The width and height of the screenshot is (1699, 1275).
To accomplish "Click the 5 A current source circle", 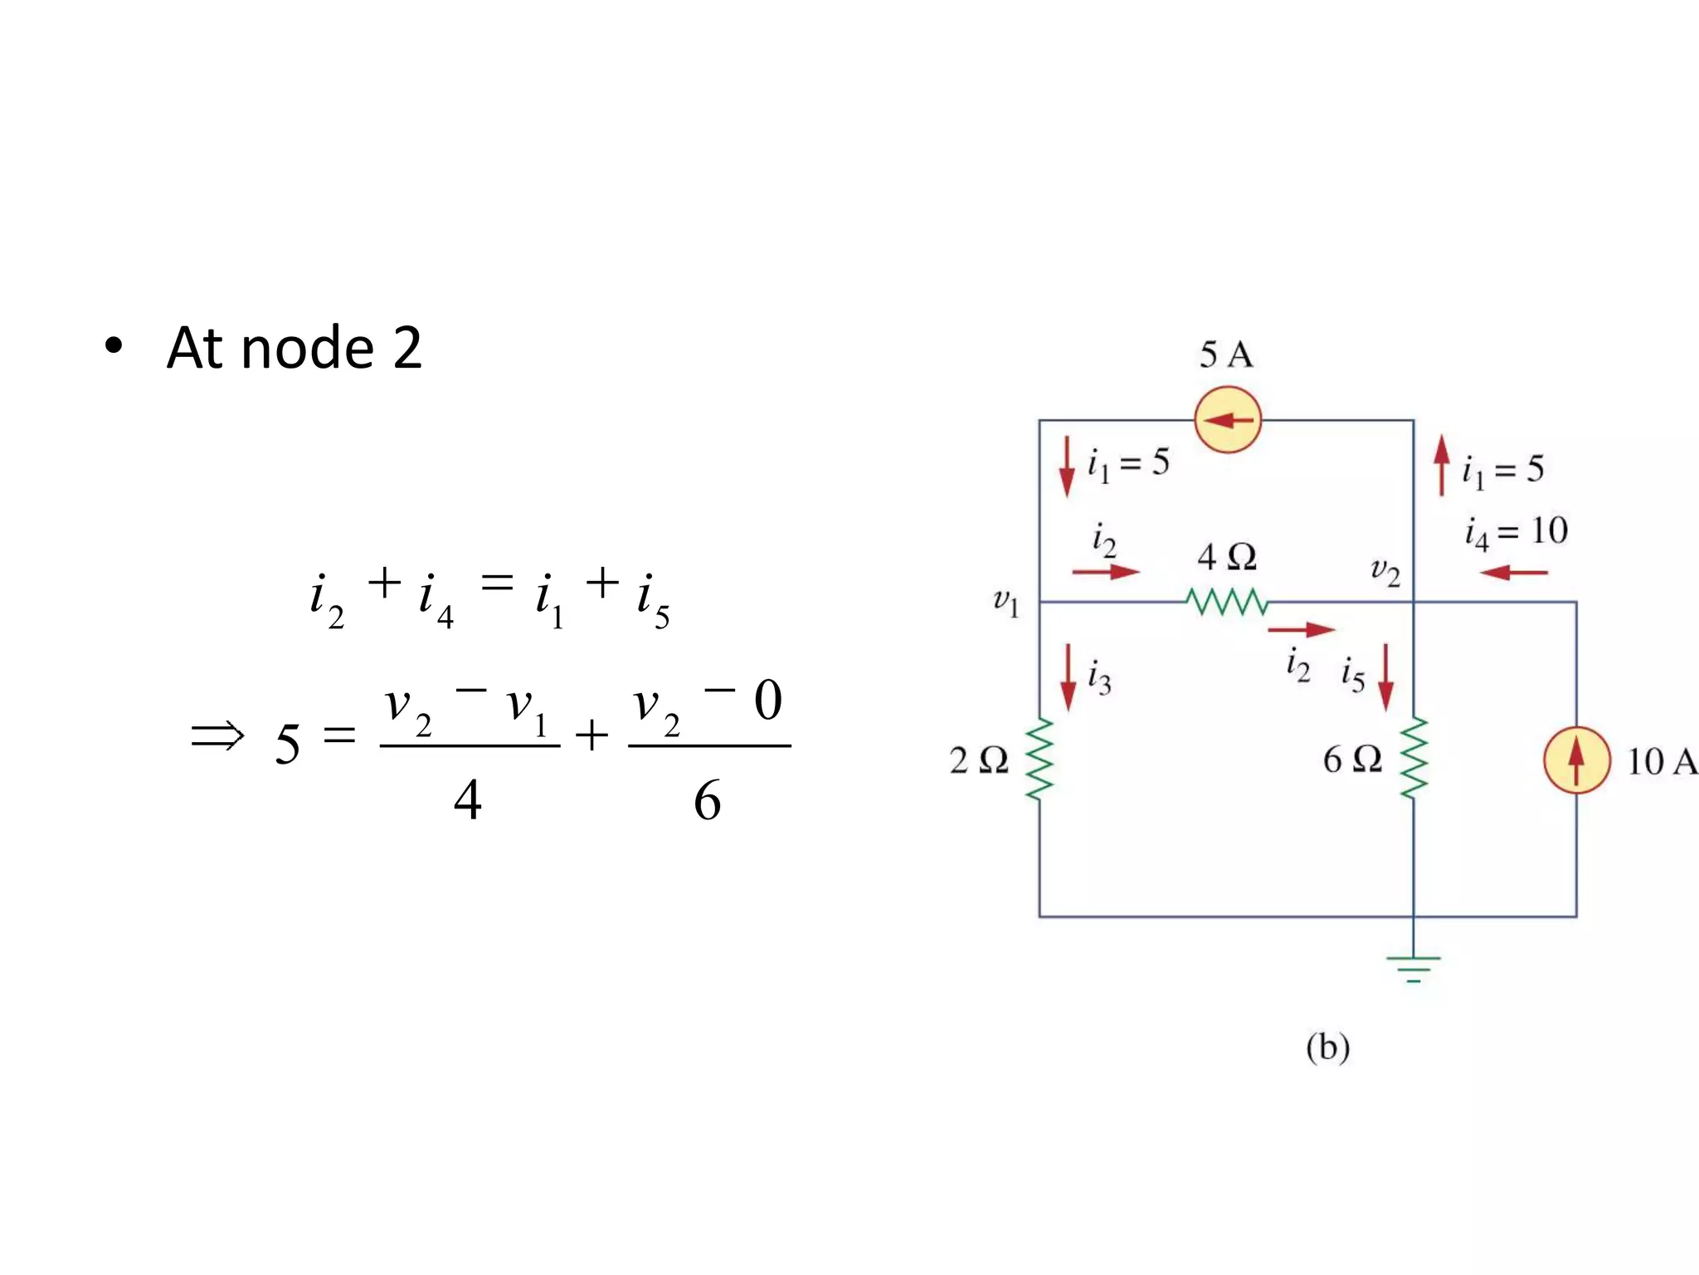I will (x=1228, y=420).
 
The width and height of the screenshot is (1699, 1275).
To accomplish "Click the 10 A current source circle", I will (x=1576, y=760).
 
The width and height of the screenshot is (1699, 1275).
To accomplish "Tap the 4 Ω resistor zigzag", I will (x=1227, y=602).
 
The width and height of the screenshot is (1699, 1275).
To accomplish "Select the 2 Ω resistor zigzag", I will (x=1040, y=760).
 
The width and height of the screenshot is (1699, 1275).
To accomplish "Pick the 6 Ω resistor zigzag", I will (x=1414, y=758).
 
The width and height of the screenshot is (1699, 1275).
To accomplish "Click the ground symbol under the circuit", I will (x=1414, y=968).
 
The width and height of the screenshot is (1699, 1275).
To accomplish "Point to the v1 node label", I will (x=1005, y=601).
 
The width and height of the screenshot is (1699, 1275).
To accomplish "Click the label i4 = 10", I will (x=1516, y=532).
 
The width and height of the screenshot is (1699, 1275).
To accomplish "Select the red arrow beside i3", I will (x=1069, y=677).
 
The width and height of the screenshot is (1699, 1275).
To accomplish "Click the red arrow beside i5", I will (x=1385, y=677).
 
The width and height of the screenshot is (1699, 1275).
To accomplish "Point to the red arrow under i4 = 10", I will (x=1514, y=573).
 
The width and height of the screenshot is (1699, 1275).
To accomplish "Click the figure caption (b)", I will (x=1327, y=1048).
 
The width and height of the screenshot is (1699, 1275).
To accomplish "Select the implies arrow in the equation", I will (x=217, y=736).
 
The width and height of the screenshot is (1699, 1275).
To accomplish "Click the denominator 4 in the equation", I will (x=468, y=800).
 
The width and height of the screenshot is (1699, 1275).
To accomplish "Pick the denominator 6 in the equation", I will (x=708, y=800).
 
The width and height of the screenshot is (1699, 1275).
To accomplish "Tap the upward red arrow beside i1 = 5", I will (x=1442, y=466).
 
